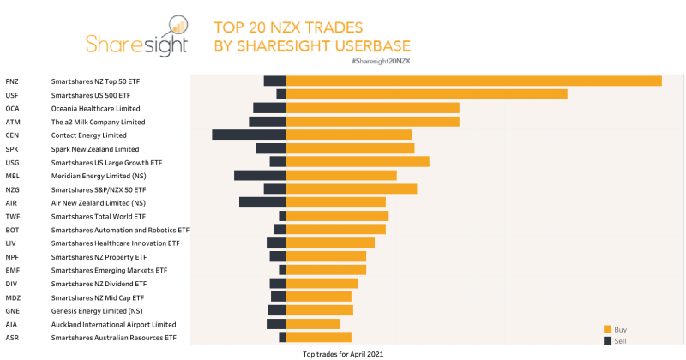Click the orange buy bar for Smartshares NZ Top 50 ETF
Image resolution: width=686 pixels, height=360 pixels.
473,81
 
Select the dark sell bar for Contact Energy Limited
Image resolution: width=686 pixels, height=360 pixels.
249,135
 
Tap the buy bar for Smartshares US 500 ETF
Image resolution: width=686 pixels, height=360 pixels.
426,94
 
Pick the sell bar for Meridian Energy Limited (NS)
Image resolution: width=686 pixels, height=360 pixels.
260,176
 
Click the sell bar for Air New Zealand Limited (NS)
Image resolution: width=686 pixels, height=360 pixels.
262,202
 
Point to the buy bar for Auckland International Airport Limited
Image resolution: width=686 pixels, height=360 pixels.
313,324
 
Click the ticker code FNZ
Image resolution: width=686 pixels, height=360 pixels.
12,81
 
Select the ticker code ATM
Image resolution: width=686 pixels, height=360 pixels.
12,122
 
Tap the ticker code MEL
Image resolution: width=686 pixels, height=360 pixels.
12,176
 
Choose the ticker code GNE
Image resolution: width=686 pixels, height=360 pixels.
12,311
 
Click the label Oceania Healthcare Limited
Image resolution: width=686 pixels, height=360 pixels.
95,109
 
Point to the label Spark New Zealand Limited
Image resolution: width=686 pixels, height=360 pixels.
94,149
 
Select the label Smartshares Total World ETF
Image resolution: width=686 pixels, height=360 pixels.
98,217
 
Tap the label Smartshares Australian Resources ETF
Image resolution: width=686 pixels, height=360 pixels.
113,338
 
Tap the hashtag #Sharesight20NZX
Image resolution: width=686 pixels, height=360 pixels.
381,62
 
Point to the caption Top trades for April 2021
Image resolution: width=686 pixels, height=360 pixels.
342,353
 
